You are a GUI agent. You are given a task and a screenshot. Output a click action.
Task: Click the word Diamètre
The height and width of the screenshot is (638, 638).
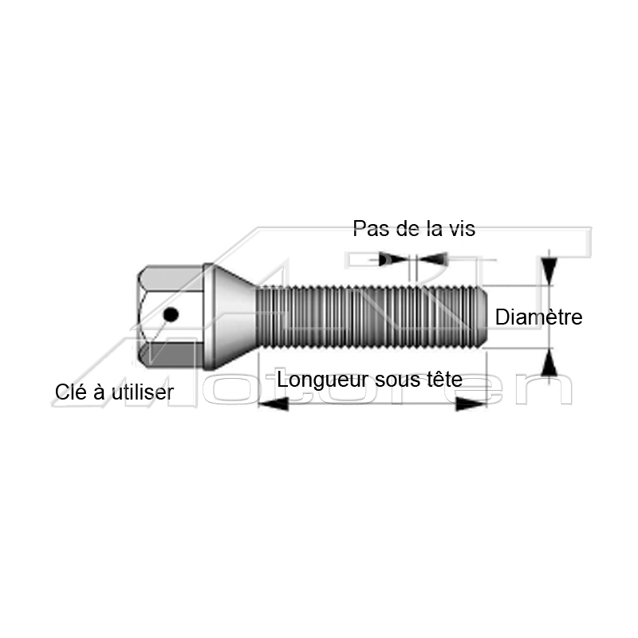(x=539, y=317)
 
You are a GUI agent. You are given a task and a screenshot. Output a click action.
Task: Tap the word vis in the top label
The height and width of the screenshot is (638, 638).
(x=461, y=229)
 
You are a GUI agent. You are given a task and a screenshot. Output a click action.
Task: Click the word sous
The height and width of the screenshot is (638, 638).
(x=397, y=380)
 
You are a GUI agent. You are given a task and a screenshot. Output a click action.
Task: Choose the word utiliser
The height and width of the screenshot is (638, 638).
(x=143, y=392)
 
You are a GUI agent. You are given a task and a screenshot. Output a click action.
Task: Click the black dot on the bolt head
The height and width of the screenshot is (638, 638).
(x=171, y=314)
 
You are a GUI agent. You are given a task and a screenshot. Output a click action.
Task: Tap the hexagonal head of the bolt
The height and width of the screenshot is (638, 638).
(x=170, y=317)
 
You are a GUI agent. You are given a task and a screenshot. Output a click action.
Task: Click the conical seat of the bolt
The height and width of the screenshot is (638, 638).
(x=230, y=317)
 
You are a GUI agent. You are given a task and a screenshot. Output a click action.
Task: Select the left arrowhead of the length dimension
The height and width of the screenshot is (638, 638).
(x=273, y=404)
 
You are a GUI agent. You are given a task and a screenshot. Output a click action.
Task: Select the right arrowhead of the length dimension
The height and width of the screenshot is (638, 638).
(x=471, y=404)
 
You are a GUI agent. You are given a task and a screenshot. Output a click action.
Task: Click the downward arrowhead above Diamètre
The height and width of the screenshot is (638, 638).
(x=549, y=271)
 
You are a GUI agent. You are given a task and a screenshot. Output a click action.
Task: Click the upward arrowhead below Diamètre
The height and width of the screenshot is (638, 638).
(x=549, y=363)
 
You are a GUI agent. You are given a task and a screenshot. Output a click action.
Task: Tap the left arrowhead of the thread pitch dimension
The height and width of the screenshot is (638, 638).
(x=393, y=258)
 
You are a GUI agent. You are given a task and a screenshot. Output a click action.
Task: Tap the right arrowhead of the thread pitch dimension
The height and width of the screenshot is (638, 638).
(x=433, y=259)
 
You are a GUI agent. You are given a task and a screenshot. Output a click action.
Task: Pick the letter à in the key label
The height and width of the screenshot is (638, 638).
(x=99, y=392)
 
